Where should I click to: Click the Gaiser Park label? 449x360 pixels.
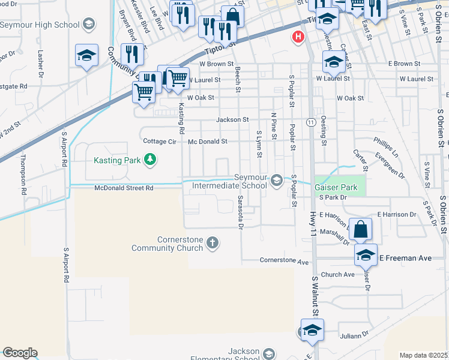pyautogui.click(x=336, y=187)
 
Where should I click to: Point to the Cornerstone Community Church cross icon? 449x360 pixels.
pyautogui.click(x=211, y=243)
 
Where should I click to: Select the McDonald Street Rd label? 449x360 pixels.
pyautogui.click(x=124, y=188)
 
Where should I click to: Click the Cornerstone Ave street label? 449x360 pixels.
pyautogui.click(x=284, y=261)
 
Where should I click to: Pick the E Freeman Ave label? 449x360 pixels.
pyautogui.click(x=405, y=258)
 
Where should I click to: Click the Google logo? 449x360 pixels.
pyautogui.click(x=20, y=353)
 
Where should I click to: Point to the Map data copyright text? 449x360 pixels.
pyautogui.click(x=423, y=355)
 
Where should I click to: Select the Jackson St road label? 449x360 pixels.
pyautogui.click(x=232, y=119)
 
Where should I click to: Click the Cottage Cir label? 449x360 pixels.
pyautogui.click(x=159, y=142)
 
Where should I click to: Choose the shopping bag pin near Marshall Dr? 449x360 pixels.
pyautogui.click(x=360, y=230)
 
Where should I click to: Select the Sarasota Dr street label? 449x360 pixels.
pyautogui.click(x=240, y=212)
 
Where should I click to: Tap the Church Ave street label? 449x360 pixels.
pyautogui.click(x=337, y=275)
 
